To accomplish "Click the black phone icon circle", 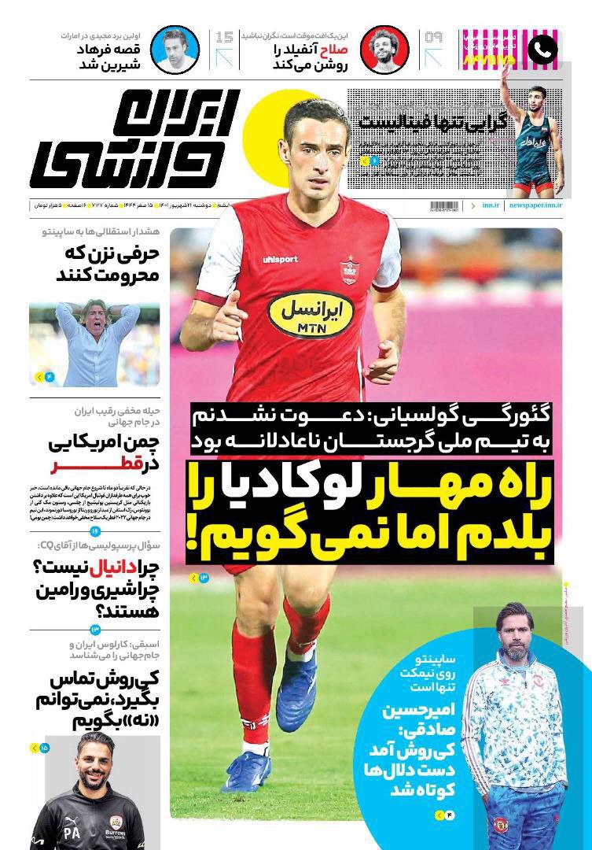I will pos(542,50).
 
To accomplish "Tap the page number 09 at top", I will pos(434,37).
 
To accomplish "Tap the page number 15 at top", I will pos(224,37).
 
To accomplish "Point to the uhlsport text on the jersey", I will pos(280,259).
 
